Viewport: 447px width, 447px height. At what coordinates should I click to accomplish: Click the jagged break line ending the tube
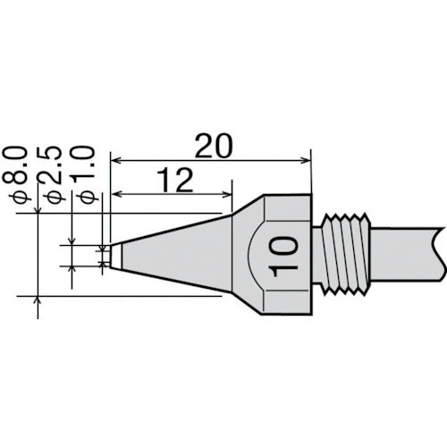(x=437, y=252)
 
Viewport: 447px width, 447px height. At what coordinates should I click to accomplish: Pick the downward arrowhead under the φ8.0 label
(x=38, y=208)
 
